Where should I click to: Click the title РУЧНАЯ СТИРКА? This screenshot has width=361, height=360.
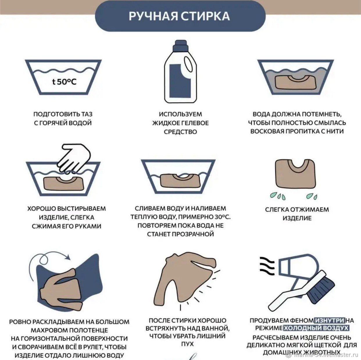[x=179, y=16]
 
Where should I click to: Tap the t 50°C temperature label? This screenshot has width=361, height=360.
[x=64, y=82]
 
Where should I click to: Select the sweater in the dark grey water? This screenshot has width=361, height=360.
[x=296, y=82]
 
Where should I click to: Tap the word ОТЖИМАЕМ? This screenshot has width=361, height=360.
[x=309, y=210]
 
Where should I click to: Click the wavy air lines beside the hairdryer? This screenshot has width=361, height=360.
[x=267, y=266]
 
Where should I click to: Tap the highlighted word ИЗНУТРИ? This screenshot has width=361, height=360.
[x=329, y=321]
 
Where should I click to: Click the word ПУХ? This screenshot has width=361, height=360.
[x=187, y=344]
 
